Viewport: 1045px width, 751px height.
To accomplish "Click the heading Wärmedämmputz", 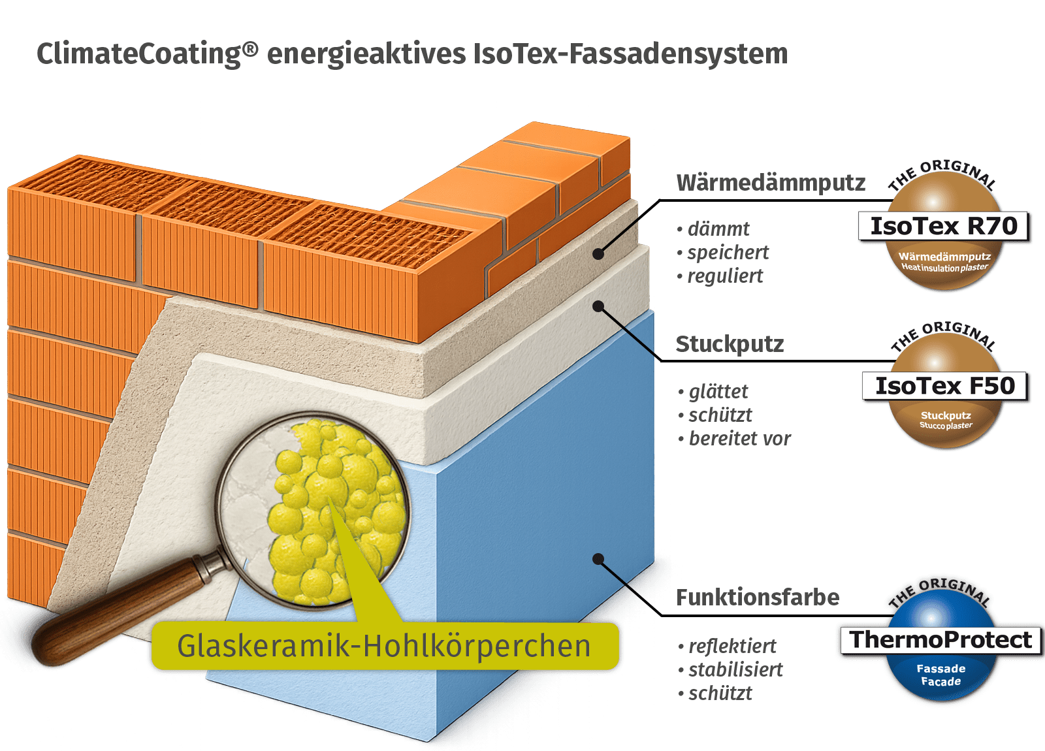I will coord(771,183).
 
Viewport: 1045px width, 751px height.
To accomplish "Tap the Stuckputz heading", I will coord(730,344).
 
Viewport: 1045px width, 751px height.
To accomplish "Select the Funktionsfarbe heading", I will coord(758,598).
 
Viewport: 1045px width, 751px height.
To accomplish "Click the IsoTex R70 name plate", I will coord(944,226).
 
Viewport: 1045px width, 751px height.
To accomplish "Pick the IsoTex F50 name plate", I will coord(945,386).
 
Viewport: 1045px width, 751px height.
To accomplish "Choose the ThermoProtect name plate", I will coord(940,640).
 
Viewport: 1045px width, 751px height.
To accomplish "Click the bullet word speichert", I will coord(728,253).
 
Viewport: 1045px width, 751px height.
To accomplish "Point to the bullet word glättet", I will coord(718,392).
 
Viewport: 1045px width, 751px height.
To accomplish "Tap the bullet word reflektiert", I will coord(732,647).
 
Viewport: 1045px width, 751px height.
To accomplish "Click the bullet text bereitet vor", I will coord(739,439).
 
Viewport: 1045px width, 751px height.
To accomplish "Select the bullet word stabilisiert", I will coord(735,670).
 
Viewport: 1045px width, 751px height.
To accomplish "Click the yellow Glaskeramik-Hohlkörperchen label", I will coord(384,647).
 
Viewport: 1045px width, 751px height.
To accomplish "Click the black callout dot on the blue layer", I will coord(598,559).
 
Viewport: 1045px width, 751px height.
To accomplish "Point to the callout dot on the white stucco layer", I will coord(598,306).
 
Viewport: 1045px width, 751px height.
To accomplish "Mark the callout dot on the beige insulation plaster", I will coord(599,254).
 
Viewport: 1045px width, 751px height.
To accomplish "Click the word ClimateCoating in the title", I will coord(138,54).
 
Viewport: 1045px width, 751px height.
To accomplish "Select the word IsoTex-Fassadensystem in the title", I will coord(630,54).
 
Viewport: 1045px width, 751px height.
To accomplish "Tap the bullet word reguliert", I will coord(725,276).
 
